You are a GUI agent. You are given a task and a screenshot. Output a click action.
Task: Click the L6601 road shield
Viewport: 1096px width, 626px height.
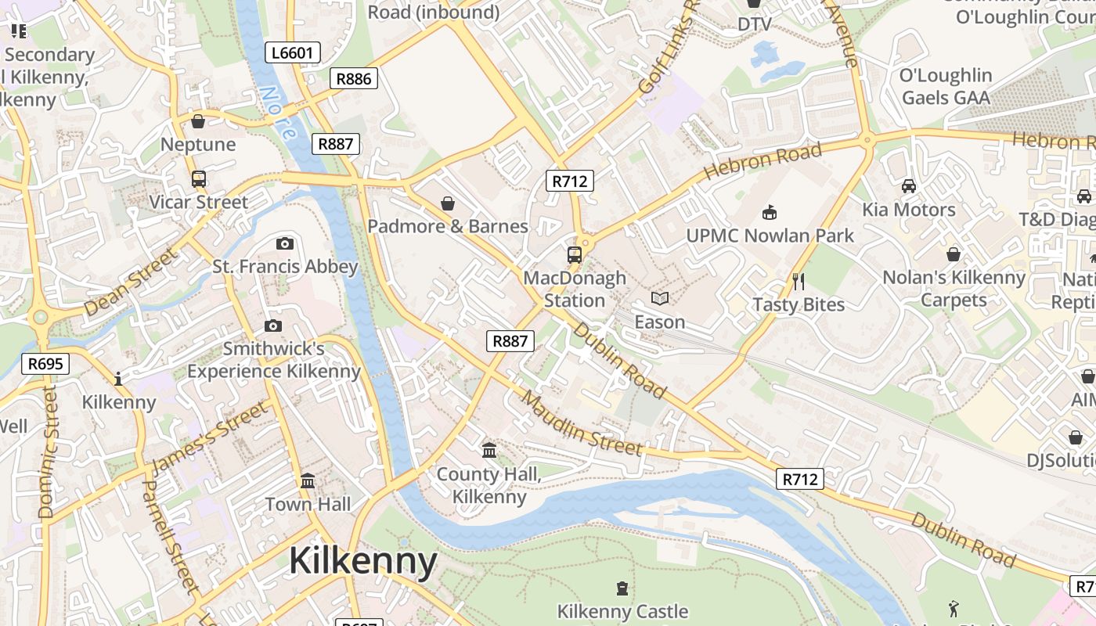tap(293, 53)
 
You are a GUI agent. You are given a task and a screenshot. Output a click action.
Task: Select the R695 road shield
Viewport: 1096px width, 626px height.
tap(46, 363)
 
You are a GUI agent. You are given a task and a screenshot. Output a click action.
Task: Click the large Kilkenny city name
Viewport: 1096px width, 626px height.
tap(362, 561)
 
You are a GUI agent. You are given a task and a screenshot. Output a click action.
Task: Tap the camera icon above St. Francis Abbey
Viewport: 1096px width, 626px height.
tap(285, 243)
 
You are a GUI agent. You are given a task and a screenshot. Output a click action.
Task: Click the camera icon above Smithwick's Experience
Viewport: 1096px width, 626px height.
tap(272, 326)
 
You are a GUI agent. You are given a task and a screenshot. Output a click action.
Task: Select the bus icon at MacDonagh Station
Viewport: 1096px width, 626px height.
tap(575, 254)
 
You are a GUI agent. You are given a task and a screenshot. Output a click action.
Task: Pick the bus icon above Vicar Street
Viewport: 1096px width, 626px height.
tap(199, 179)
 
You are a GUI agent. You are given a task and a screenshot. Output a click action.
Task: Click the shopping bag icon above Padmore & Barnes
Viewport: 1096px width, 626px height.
tap(448, 203)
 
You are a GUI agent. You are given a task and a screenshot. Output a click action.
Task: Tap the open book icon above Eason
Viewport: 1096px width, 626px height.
tap(660, 298)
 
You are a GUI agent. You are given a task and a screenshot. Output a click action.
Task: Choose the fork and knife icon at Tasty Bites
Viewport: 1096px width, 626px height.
tap(799, 282)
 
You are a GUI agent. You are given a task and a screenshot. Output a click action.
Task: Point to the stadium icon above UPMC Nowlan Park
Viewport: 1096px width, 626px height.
tap(770, 212)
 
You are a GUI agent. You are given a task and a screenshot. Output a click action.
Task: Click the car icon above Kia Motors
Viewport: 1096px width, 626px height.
tap(908, 186)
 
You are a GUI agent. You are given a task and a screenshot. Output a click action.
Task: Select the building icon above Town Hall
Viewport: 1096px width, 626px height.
tap(308, 480)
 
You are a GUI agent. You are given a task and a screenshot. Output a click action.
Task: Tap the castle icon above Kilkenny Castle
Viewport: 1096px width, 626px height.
tap(622, 588)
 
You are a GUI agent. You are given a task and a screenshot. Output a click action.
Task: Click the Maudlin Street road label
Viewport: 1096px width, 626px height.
tap(581, 423)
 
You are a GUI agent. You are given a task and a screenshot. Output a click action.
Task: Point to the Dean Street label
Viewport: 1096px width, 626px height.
tap(131, 282)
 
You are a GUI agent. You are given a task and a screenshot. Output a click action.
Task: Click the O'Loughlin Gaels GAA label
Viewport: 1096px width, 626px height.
tap(946, 86)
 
